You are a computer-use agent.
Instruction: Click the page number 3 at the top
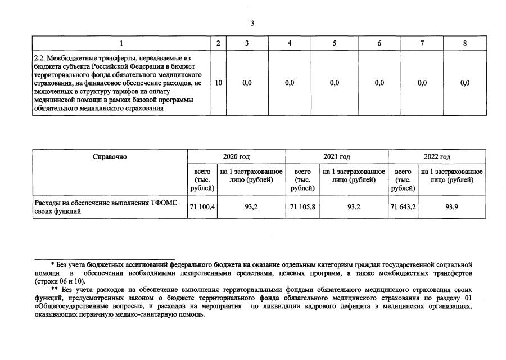[252, 23]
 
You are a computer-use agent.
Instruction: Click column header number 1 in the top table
[121, 43]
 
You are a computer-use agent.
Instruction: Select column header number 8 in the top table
[464, 43]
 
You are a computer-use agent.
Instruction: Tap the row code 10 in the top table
[218, 83]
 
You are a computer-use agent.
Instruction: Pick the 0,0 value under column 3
[247, 83]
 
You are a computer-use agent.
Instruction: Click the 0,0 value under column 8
[464, 83]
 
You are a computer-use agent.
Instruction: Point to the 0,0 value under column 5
[335, 83]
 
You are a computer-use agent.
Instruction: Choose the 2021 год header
[337, 157]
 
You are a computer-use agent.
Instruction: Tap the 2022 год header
[437, 157]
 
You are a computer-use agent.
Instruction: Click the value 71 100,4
[202, 207]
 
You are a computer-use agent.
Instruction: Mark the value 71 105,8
[302, 207]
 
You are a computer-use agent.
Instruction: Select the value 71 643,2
[403, 207]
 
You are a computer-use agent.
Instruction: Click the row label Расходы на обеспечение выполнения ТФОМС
[110, 203]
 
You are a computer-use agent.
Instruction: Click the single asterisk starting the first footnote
[52, 264]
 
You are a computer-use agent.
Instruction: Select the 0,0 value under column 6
[379, 83]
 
